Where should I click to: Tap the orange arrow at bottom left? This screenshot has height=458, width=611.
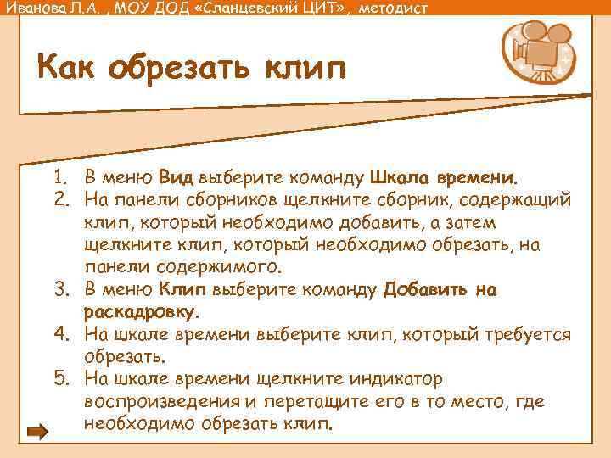click(x=38, y=433)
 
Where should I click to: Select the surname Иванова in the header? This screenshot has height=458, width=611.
click(x=33, y=8)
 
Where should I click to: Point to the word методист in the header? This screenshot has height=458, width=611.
click(x=393, y=8)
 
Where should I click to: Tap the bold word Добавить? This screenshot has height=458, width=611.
click(x=423, y=290)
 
